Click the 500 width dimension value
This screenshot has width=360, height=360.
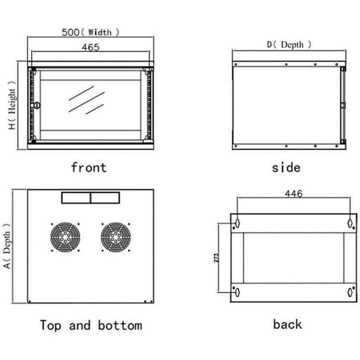70,32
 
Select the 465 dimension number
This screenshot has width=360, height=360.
90,47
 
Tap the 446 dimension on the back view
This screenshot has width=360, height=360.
293,194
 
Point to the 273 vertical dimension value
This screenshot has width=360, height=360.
216,258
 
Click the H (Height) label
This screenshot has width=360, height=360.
12,105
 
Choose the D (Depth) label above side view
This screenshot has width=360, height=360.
289,44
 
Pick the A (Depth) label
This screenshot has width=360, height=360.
7,246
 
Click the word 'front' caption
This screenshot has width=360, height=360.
89,167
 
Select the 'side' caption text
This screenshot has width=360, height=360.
286,167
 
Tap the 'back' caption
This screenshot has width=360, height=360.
287,324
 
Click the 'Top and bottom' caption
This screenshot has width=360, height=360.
91,325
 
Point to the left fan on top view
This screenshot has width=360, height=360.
65,237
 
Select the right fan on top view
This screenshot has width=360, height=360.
115,237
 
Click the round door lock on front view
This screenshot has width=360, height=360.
36,105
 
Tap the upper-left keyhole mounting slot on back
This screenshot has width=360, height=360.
237,222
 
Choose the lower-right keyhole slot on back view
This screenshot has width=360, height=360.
350,292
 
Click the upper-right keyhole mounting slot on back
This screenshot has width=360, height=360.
350,223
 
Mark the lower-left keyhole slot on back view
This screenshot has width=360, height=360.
237,292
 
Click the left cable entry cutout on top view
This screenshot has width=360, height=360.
76,197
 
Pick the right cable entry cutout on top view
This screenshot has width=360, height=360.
105,197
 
